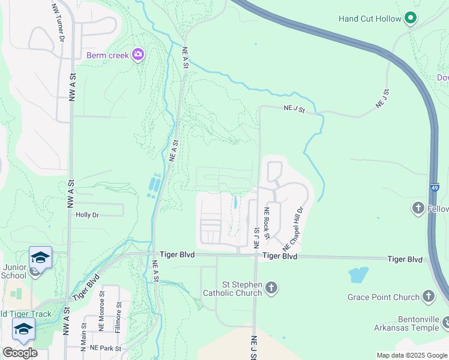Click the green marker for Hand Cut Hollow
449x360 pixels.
[411, 18]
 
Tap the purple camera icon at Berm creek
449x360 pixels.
[139, 55]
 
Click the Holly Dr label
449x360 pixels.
[87, 214]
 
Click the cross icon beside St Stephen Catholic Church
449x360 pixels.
[271, 288]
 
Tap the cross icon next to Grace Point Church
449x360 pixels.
[428, 296]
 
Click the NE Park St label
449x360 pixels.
[105, 348]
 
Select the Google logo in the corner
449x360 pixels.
[20, 352]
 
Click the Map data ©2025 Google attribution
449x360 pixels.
[412, 355]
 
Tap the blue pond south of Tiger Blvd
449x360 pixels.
[358, 275]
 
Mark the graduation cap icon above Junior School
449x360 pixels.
[40, 257]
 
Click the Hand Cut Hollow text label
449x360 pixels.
[370, 19]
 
